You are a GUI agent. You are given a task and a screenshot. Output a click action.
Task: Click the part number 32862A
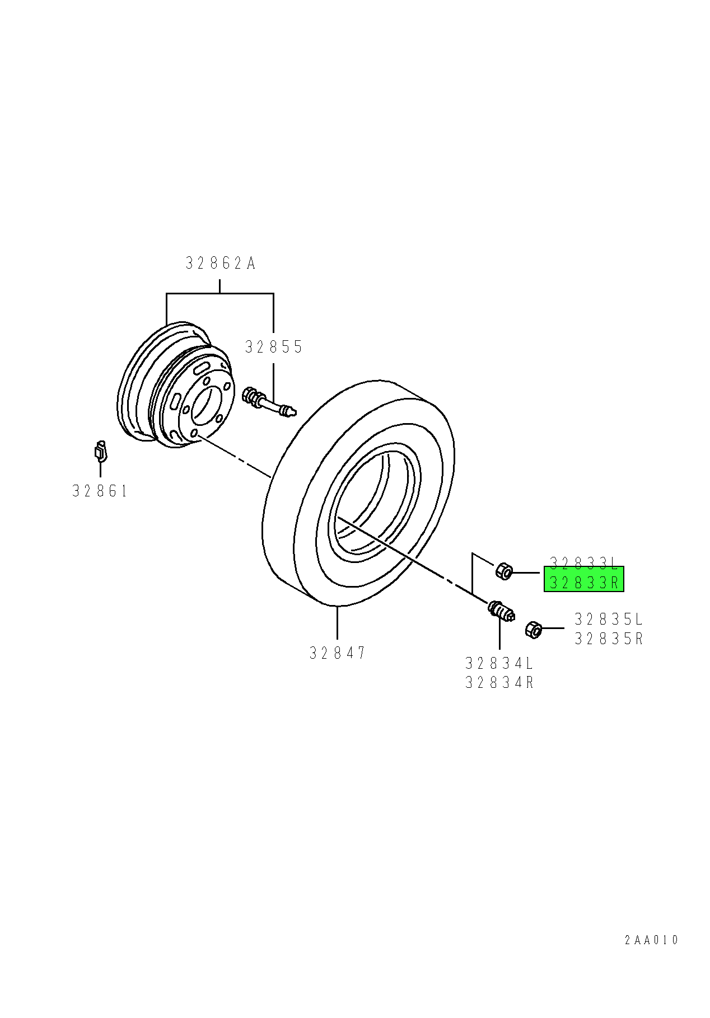[x=221, y=263]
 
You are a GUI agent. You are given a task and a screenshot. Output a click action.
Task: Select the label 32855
[x=274, y=347]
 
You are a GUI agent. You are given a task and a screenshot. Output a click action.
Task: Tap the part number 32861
[x=100, y=491]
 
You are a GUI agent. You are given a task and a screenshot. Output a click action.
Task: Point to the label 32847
[x=338, y=653]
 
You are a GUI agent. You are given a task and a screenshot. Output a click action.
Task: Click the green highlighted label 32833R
[x=584, y=582]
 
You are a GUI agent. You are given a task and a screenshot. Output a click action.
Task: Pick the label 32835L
[x=609, y=619]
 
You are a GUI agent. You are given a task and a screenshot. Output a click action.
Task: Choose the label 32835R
[x=609, y=639]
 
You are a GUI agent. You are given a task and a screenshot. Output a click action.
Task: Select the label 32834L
[x=499, y=663]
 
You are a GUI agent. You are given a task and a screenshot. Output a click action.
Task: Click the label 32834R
[x=499, y=683]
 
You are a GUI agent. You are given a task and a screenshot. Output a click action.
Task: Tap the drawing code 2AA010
[x=651, y=940]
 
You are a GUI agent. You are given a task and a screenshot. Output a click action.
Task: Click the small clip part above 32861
[x=100, y=451]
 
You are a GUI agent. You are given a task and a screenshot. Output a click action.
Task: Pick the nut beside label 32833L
[x=504, y=571]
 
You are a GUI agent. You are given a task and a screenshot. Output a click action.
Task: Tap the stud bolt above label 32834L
[x=501, y=610]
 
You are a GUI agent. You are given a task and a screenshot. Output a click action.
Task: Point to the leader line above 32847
[x=338, y=623]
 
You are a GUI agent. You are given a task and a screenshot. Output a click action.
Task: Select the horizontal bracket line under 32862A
[x=219, y=293]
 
